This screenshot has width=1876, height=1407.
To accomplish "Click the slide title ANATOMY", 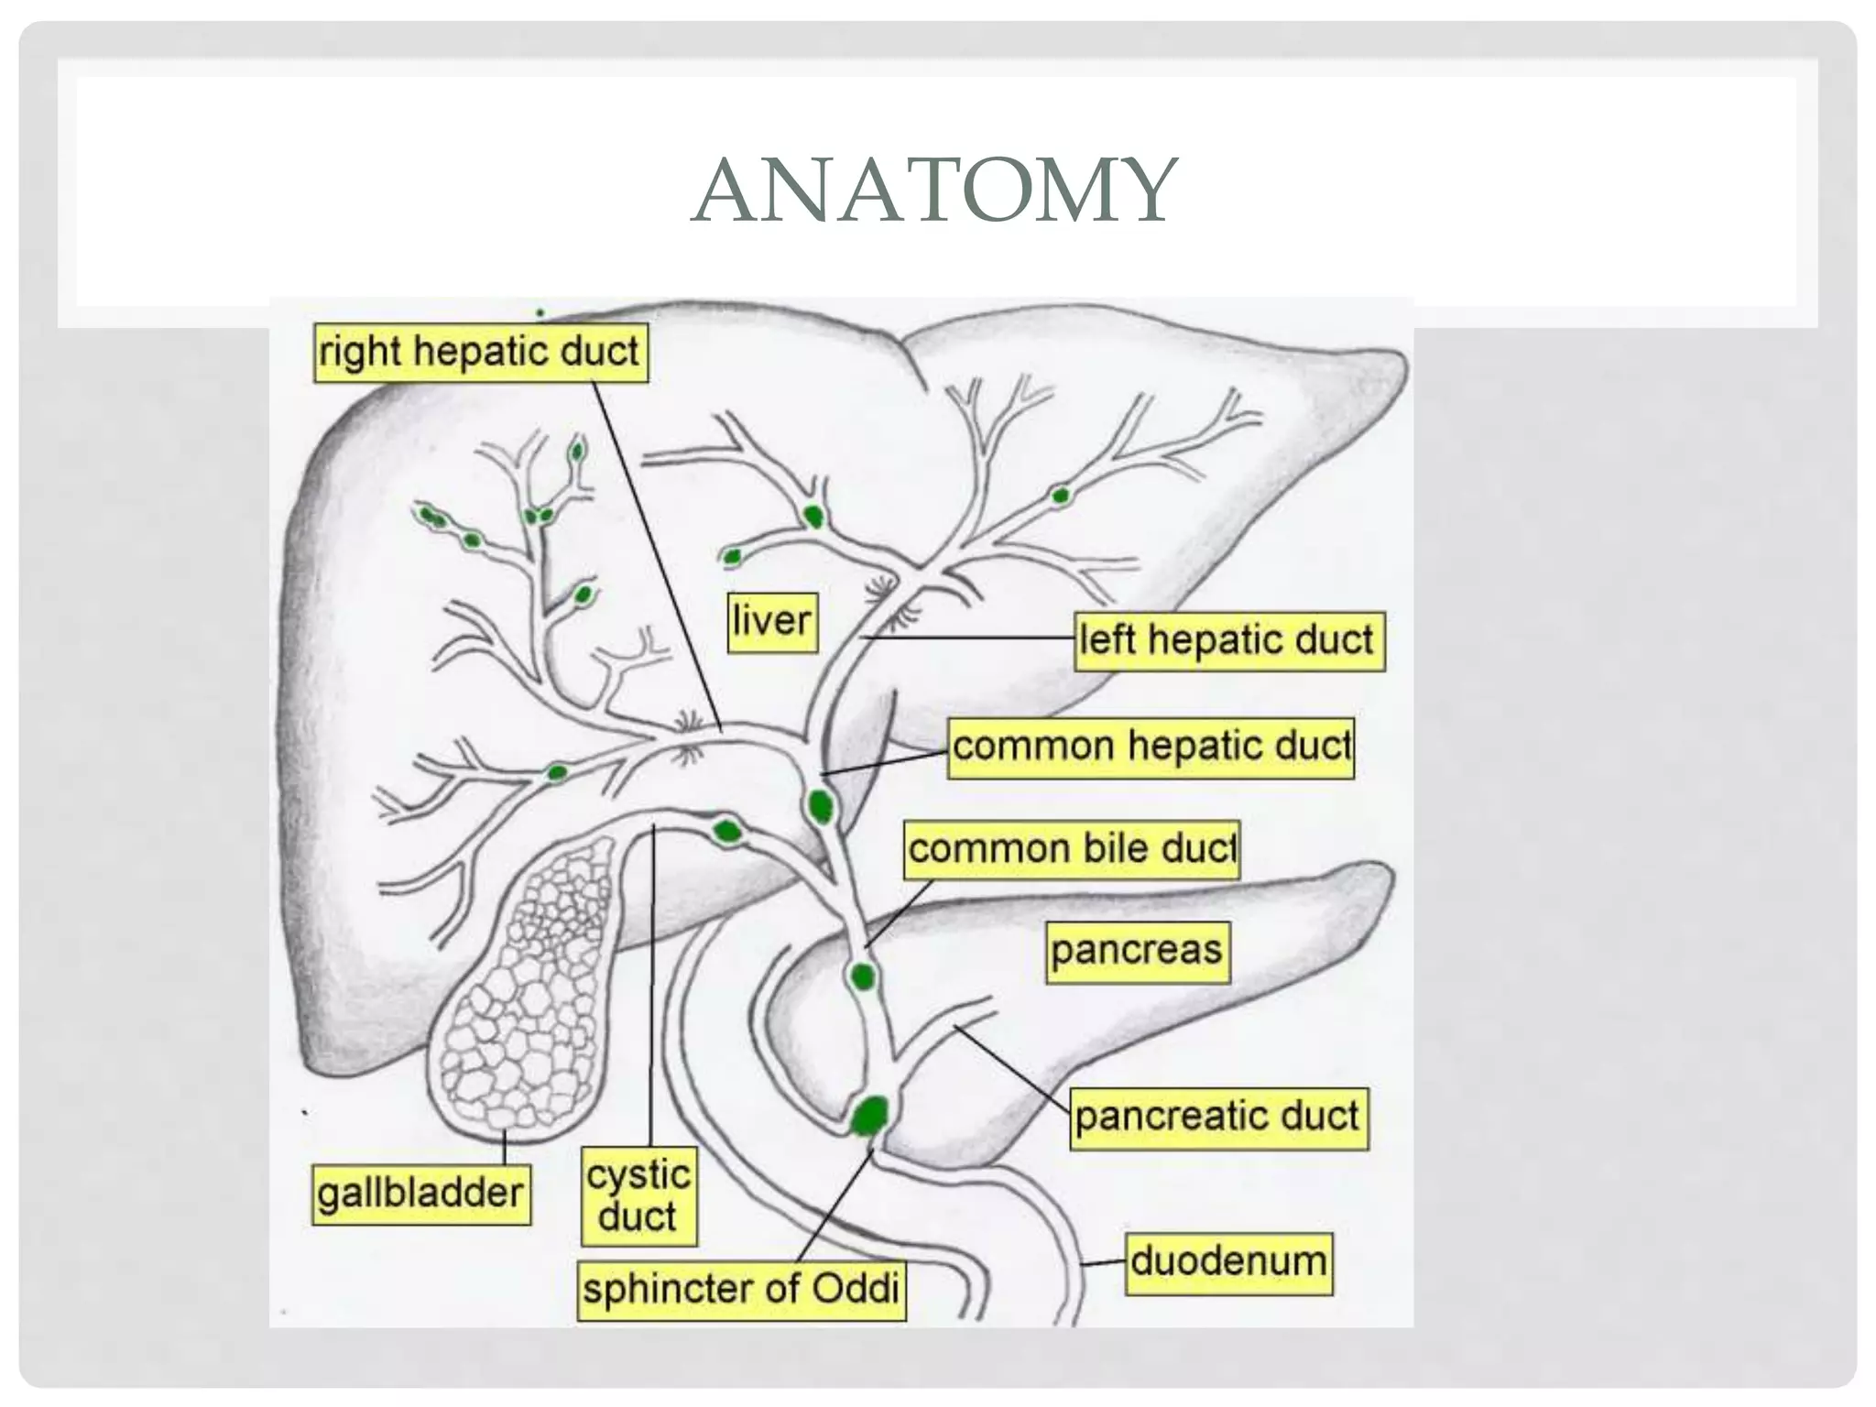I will (934, 190).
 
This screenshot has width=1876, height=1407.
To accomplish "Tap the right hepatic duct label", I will (480, 352).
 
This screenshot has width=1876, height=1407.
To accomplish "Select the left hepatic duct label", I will (1227, 640).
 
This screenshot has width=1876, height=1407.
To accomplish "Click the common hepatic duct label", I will (1151, 747).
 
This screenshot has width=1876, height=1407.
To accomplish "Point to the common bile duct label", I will (1072, 849).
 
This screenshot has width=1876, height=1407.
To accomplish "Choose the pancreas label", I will (1137, 951).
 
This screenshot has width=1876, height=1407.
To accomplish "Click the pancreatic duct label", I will (1217, 1118).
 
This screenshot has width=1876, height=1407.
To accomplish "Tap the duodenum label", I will (1228, 1262).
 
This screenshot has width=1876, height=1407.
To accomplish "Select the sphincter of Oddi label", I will (741, 1290).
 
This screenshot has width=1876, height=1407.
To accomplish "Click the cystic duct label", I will (638, 1196).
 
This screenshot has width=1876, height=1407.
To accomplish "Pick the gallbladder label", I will (420, 1194).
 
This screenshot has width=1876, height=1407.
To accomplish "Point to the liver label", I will (772, 622).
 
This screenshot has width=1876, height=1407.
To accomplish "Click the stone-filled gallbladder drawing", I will (522, 989).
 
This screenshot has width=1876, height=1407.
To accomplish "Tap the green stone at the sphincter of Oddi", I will (868, 1116).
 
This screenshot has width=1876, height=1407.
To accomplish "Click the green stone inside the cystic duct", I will (727, 832).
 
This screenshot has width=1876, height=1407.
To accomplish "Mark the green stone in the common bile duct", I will (862, 976).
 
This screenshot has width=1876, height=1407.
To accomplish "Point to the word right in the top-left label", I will (359, 353).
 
